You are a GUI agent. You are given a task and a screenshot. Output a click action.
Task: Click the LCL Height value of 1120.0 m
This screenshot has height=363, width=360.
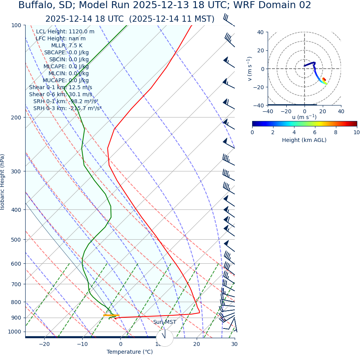click(65, 32)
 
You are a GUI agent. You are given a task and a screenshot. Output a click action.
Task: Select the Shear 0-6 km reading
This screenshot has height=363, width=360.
click(61, 94)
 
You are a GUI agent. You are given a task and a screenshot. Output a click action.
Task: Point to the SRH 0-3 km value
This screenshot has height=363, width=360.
click(67, 108)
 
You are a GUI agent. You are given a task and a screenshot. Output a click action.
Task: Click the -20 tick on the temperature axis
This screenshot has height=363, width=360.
click(44, 344)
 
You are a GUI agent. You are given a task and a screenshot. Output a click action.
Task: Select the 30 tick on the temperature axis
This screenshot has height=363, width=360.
click(234, 344)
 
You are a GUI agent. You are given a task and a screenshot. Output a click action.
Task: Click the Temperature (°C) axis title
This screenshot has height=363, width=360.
click(130, 352)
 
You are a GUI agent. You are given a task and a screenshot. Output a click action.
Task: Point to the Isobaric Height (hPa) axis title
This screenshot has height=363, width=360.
click(3, 182)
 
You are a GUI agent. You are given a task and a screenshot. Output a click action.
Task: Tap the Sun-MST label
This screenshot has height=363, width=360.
click(164, 322)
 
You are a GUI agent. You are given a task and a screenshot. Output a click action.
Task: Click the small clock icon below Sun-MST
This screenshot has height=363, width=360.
click(164, 338)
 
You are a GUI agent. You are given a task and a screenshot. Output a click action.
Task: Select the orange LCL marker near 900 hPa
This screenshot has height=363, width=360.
click(111, 315)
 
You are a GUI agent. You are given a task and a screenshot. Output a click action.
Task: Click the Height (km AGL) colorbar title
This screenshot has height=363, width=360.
click(304, 140)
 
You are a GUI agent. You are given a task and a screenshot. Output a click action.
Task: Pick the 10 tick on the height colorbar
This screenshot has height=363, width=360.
click(356, 132)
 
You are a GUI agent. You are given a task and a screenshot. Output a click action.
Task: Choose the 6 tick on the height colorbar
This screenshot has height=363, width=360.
click(315, 132)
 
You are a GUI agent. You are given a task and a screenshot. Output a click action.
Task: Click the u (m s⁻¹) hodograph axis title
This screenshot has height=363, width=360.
click(304, 117)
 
